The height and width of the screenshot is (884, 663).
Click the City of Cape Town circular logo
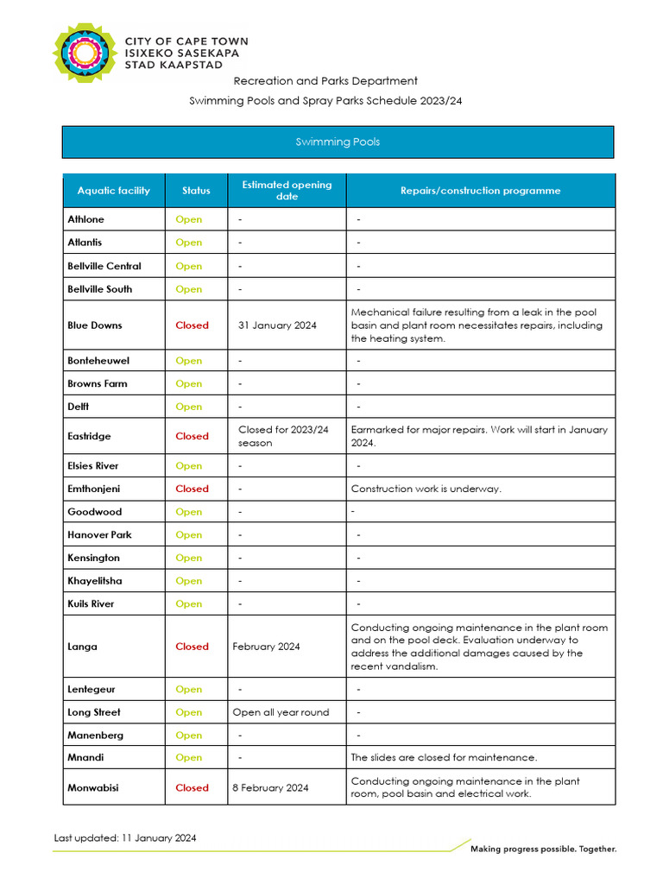tap(85, 54)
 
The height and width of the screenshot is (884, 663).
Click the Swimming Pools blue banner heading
tap(338, 142)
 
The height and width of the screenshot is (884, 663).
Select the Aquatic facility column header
tap(113, 191)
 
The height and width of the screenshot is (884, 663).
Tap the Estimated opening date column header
tap(287, 191)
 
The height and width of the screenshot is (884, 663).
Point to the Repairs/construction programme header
tap(480, 191)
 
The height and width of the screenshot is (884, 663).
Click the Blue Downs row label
tap(95, 325)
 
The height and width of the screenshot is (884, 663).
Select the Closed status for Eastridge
tap(192, 436)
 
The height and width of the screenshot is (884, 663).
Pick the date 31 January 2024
tap(277, 325)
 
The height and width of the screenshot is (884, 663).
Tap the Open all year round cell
tap(281, 712)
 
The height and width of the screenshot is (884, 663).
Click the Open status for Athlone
tap(188, 219)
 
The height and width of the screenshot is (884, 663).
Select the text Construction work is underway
tap(426, 489)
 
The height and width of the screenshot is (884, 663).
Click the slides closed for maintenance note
tap(444, 758)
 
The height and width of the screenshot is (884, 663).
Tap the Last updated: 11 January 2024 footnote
tap(125, 837)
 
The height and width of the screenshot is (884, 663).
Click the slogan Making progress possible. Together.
tap(543, 849)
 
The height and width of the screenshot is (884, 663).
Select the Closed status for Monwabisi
tap(192, 787)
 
